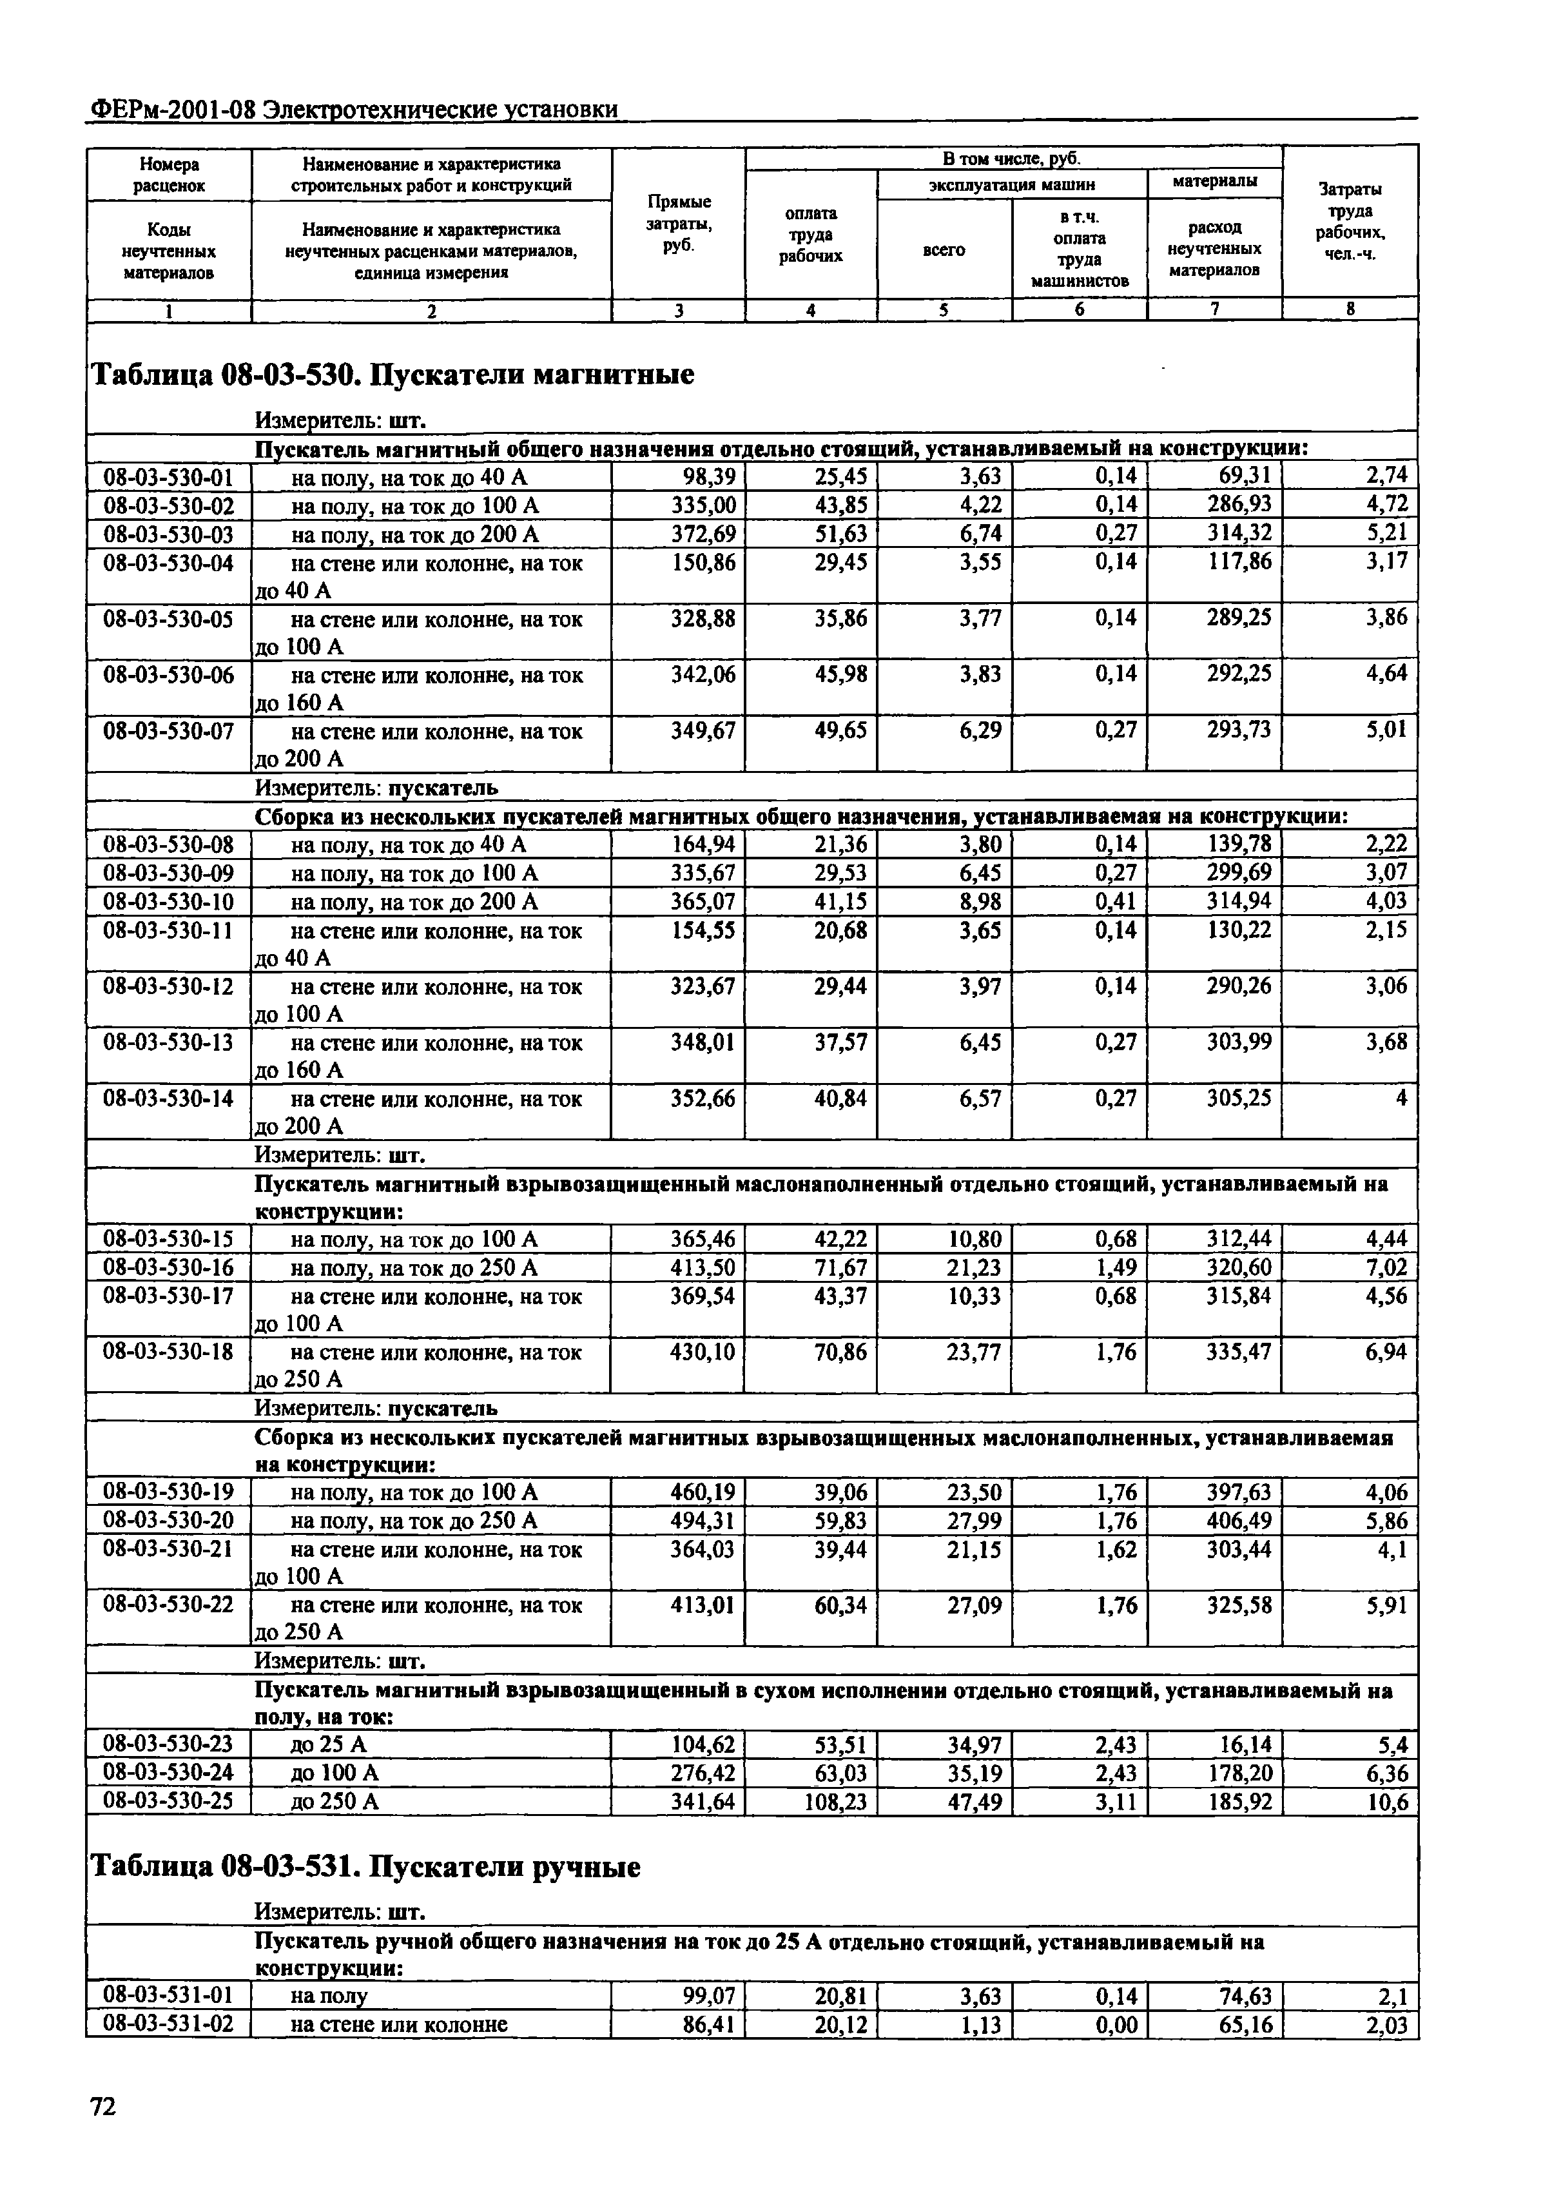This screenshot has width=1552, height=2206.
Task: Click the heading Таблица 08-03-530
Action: [x=391, y=374]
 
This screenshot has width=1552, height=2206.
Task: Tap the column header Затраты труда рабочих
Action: [x=1350, y=222]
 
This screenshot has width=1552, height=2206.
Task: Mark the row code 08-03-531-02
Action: [x=168, y=2025]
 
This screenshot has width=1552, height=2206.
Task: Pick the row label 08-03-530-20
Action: [x=168, y=1520]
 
